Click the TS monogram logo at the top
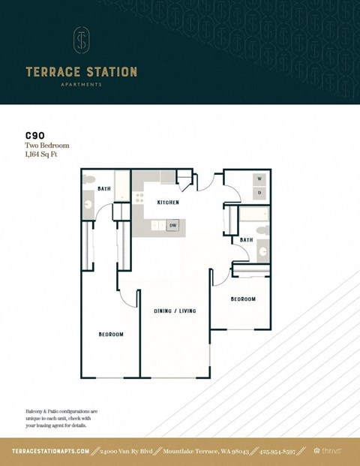81,41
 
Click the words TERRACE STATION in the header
81,72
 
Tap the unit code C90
35,137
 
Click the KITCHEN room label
167,203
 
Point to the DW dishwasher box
172,225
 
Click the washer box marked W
259,179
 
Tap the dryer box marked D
259,193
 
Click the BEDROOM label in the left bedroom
110,334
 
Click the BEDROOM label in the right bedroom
242,299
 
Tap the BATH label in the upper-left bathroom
104,188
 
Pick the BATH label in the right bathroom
246,240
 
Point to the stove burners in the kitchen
138,199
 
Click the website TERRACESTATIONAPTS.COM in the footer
51,451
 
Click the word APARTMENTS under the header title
81,85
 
